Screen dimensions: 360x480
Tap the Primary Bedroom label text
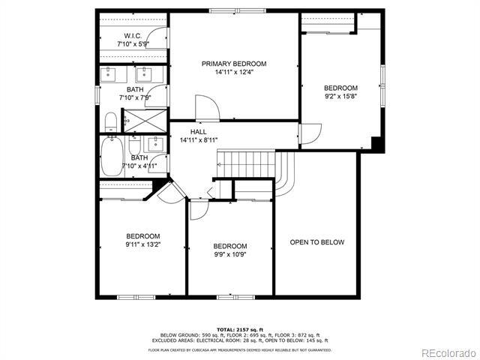tap(234, 64)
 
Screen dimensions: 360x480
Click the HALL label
tap(198, 131)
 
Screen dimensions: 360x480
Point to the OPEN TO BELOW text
tap(317, 242)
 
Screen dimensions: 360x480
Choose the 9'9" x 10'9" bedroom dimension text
tap(229, 254)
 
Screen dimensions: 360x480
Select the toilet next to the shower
tap(110, 121)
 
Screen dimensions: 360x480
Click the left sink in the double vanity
tap(110, 73)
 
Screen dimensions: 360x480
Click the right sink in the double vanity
tap(142, 73)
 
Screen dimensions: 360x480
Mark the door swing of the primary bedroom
tap(207, 108)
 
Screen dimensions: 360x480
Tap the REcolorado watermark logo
tap(447, 352)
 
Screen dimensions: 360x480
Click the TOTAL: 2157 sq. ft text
tap(239, 329)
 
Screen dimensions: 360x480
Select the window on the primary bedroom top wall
tap(229, 10)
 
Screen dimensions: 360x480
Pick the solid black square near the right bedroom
tap(377, 145)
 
